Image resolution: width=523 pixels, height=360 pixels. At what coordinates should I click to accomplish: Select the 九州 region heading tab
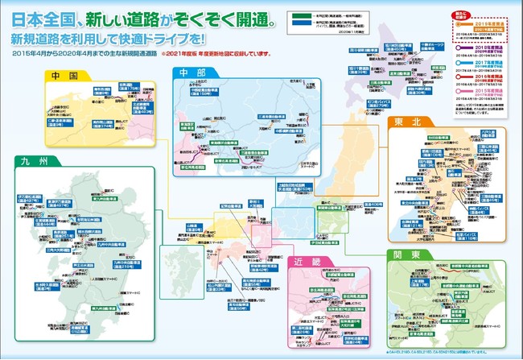(x=37, y=162)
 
